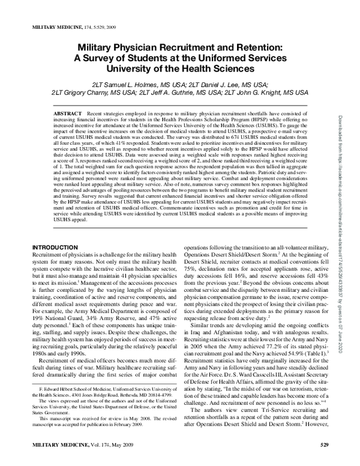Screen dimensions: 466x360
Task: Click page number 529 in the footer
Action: [x=325, y=461]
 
